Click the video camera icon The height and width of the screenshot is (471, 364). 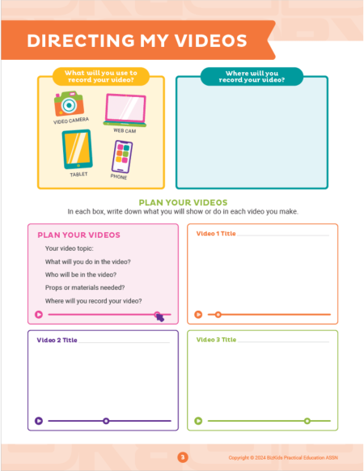(x=70, y=104)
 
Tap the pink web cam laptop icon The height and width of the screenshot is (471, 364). (x=125, y=110)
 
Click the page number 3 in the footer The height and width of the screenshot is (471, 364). (x=183, y=457)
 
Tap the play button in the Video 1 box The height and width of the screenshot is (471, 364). (x=198, y=314)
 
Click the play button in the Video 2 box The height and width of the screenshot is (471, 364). (x=38, y=421)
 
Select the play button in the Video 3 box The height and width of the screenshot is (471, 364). (x=198, y=421)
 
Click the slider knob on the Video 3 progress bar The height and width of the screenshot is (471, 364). (x=307, y=421)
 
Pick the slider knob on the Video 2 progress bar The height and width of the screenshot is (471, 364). (x=106, y=421)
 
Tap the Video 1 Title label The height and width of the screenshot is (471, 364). (x=216, y=233)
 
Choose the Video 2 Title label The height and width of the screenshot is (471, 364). (x=56, y=340)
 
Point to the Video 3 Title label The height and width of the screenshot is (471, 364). (x=216, y=340)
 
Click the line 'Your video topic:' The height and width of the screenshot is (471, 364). (x=70, y=248)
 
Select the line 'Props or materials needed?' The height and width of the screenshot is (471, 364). (x=85, y=287)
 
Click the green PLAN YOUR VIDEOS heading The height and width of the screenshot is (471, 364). (x=183, y=202)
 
